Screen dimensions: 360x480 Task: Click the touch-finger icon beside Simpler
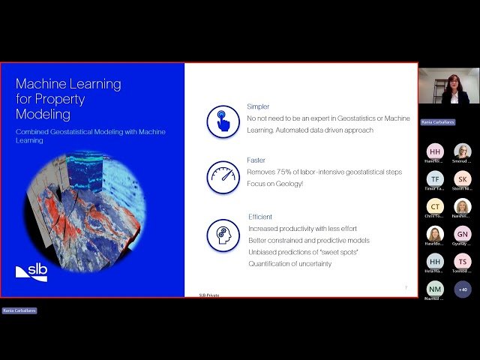click(x=223, y=121)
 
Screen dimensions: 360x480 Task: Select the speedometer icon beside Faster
click(x=223, y=177)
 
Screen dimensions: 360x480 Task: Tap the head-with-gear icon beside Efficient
click(x=223, y=235)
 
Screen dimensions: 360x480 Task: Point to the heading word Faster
click(x=256, y=160)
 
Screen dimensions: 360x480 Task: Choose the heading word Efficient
click(x=261, y=217)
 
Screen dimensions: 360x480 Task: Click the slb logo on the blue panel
click(x=31, y=272)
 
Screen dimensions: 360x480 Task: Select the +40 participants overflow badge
click(x=463, y=289)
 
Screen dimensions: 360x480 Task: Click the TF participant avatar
click(x=435, y=178)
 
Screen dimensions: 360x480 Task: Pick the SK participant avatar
click(x=463, y=178)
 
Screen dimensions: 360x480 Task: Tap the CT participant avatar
click(x=435, y=206)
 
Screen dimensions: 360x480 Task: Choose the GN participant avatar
click(x=463, y=234)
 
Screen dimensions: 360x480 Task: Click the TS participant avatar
click(x=463, y=261)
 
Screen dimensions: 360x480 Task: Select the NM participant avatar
click(x=435, y=289)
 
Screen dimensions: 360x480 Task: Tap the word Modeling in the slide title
click(x=43, y=115)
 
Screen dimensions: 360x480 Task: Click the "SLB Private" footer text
click(x=209, y=295)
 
